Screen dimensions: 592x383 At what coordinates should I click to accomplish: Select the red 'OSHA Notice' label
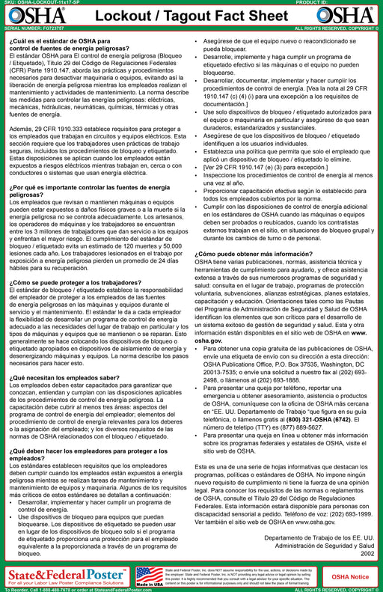tap(351, 557)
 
